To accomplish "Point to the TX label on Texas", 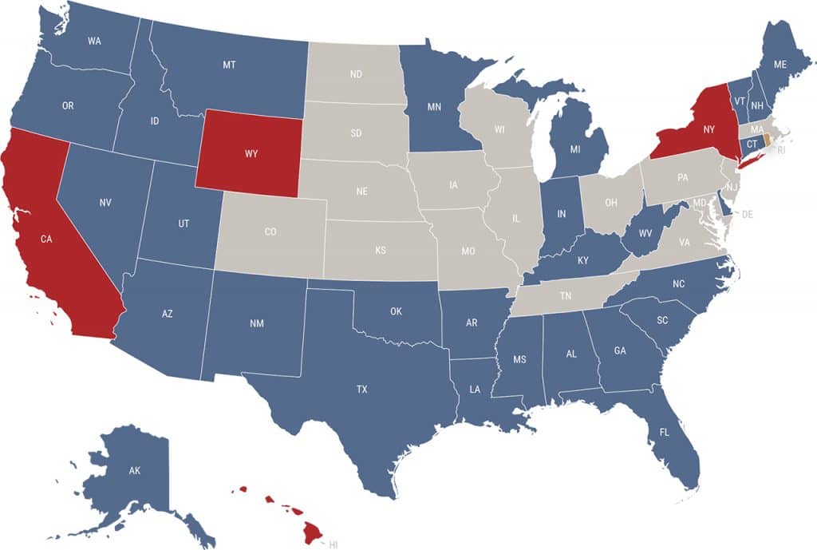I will tap(361, 390).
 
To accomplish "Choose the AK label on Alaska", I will tap(135, 471).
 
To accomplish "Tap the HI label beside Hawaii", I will tap(334, 544).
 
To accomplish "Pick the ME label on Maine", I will tap(780, 64).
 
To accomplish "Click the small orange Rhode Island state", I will tap(767, 140).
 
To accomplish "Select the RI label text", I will tap(782, 149).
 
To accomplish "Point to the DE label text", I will tap(747, 215).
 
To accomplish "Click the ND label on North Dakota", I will tap(356, 75).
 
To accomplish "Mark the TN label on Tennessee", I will tap(565, 296).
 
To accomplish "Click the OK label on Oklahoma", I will tap(396, 311).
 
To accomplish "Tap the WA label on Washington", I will tap(94, 41).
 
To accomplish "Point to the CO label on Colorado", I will tap(270, 232).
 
